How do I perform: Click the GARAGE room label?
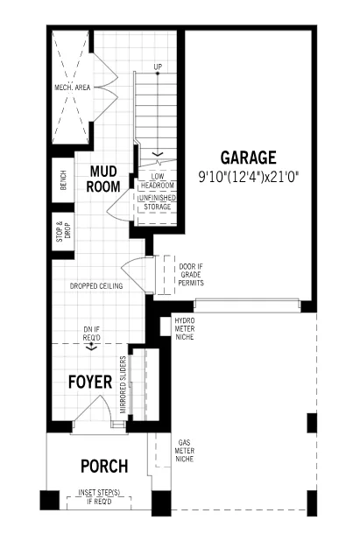(x=249, y=158)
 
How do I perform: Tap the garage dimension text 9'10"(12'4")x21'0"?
(x=249, y=176)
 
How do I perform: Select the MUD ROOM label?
(x=103, y=179)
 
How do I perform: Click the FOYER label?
(x=90, y=382)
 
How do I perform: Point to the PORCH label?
(x=104, y=467)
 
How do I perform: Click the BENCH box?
(x=63, y=179)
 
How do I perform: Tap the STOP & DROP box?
(x=63, y=231)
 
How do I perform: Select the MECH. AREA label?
(x=73, y=88)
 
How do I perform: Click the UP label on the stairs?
(x=158, y=67)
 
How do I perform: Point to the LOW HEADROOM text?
(x=158, y=181)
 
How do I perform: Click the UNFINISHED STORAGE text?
(x=158, y=202)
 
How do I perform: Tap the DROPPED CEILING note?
(x=96, y=286)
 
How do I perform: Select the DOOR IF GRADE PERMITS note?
(x=191, y=275)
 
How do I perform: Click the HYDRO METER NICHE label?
(x=185, y=329)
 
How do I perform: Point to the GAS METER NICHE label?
(x=185, y=451)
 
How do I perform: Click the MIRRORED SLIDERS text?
(x=124, y=385)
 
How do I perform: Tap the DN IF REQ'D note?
(x=91, y=334)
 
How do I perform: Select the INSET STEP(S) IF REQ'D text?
(x=99, y=497)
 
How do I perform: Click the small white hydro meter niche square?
(x=166, y=327)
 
